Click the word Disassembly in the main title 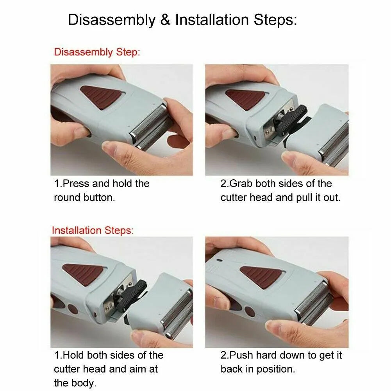pos(112,20)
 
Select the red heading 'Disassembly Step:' pos(96,52)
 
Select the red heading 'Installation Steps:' pos(93,230)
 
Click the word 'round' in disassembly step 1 pos(67,198)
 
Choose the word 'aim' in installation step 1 pos(149,369)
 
